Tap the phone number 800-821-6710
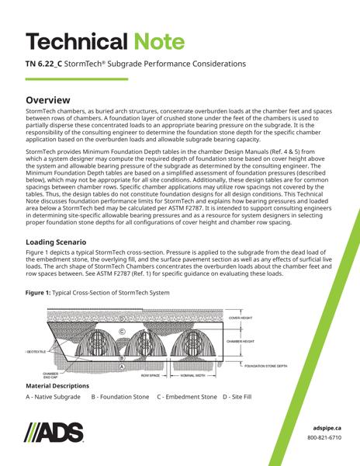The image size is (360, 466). click(325, 437)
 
